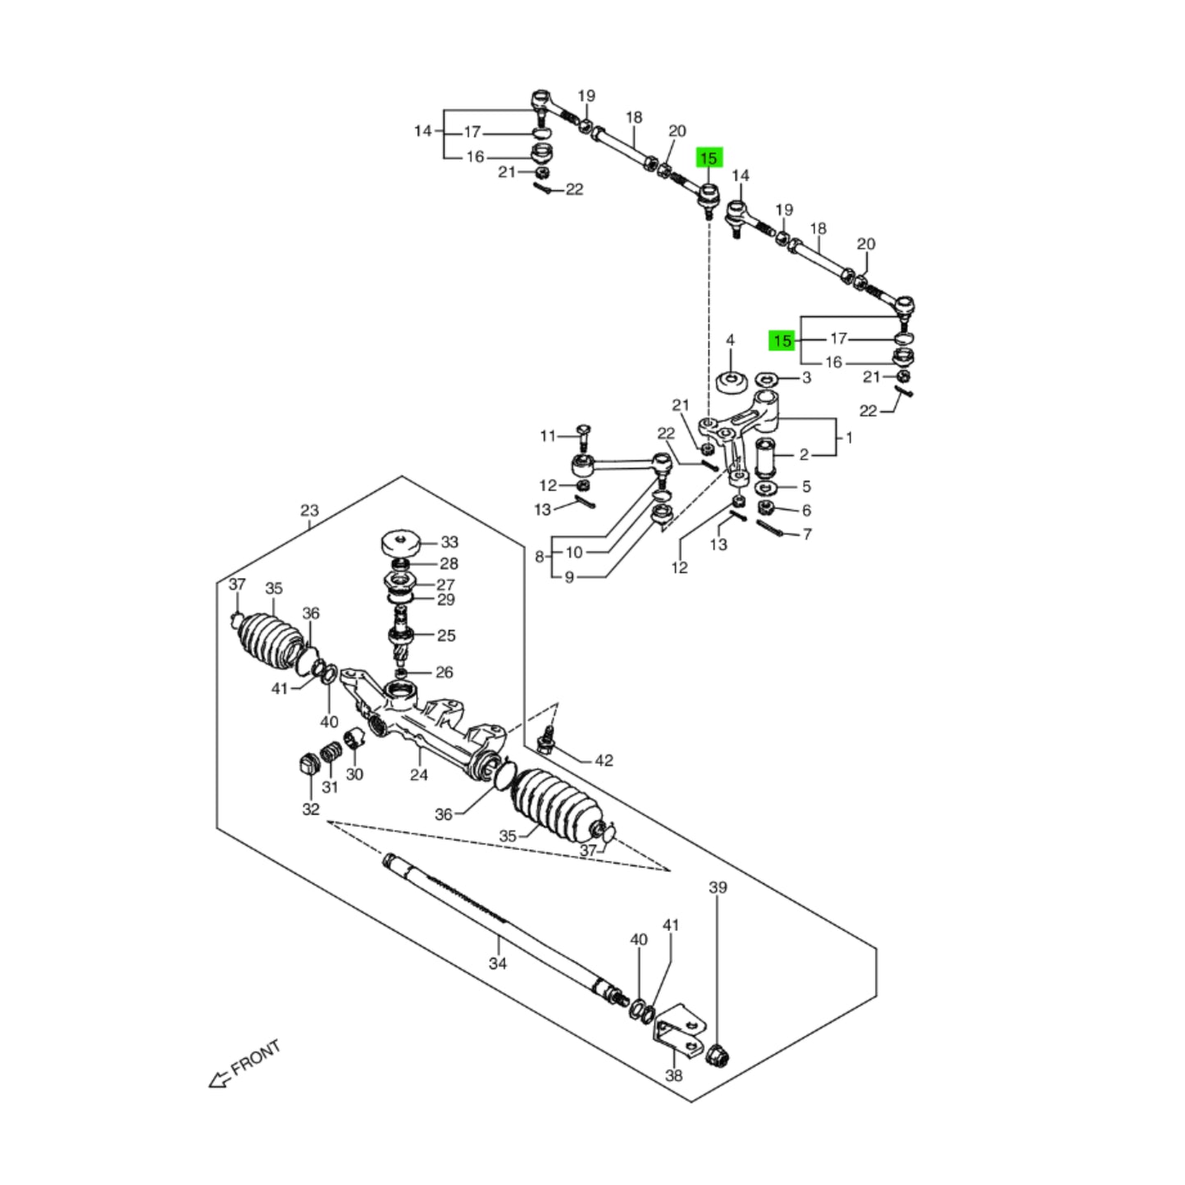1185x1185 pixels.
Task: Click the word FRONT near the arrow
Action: tap(256, 1059)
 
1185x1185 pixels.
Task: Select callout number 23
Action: tap(308, 511)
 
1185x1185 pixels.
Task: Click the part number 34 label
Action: tap(498, 963)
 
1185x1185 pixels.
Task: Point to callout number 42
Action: tap(604, 760)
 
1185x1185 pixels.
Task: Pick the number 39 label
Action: tap(718, 887)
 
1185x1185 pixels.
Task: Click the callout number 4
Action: tap(730, 340)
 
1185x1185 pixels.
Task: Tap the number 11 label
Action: tap(548, 435)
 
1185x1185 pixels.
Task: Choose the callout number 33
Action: tap(449, 542)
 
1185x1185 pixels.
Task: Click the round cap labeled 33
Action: tap(401, 542)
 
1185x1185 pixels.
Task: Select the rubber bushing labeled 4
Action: tap(730, 382)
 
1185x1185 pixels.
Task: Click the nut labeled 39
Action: tap(718, 1055)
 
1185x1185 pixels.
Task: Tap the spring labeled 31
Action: tap(330, 752)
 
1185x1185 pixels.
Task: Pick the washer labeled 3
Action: tap(768, 380)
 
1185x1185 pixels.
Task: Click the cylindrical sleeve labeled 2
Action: tap(765, 458)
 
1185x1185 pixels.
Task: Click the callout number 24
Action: tap(419, 773)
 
